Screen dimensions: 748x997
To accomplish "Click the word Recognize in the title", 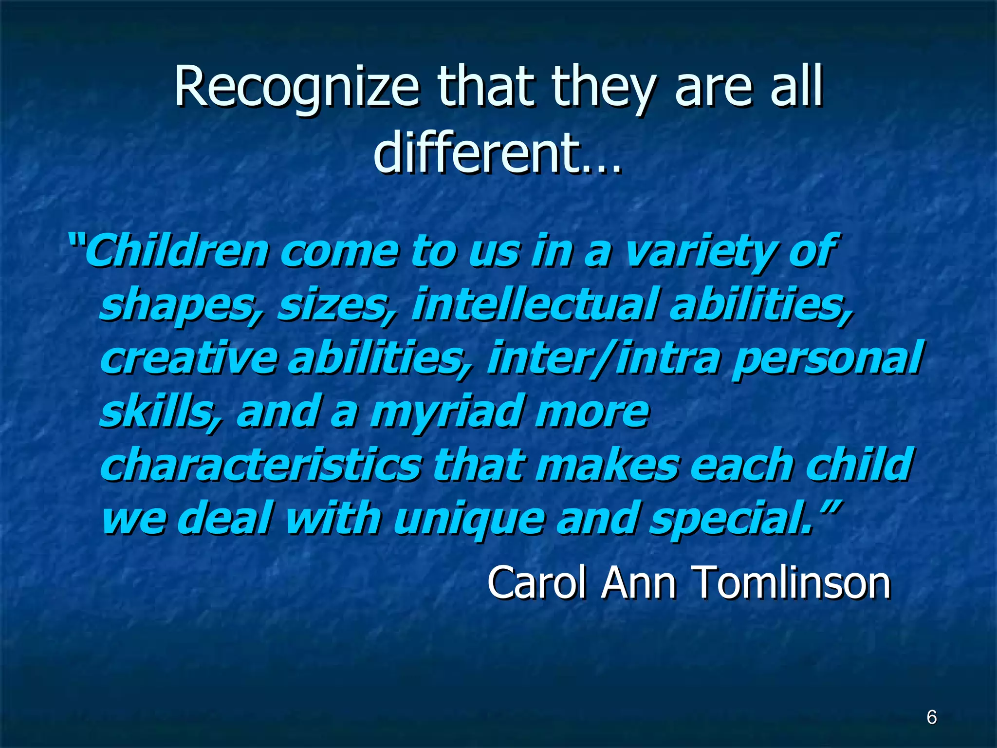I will [x=296, y=88].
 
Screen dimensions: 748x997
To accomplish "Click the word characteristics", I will [x=260, y=465].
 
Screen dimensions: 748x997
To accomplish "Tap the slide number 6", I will [x=931, y=717].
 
